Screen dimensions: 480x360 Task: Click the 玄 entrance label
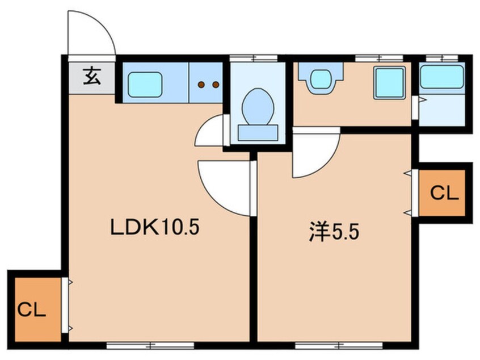pyautogui.click(x=92, y=77)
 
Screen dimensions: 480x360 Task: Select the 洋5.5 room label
pyautogui.click(x=334, y=232)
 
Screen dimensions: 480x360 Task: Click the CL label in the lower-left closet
pyautogui.click(x=32, y=309)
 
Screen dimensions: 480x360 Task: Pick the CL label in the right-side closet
pyautogui.click(x=444, y=193)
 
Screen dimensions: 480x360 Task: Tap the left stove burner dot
pyautogui.click(x=201, y=85)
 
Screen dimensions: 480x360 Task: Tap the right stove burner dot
pyautogui.click(x=216, y=85)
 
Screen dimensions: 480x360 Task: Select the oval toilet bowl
pyautogui.click(x=258, y=107)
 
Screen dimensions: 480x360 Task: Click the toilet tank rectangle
pyautogui.click(x=258, y=133)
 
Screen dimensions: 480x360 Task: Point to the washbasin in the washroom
pyautogui.click(x=321, y=79)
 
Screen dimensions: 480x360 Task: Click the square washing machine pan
pyautogui.click(x=390, y=83)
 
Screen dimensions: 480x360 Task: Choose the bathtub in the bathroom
pyautogui.click(x=442, y=77)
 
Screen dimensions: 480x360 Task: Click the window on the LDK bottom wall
pyautogui.click(x=150, y=346)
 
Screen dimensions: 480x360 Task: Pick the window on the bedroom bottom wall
pyautogui.click(x=339, y=346)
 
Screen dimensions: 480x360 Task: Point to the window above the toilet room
pyautogui.click(x=254, y=58)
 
